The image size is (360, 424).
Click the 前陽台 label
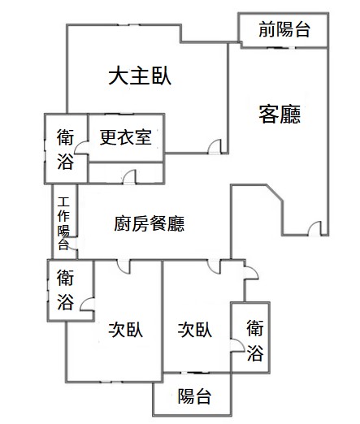click(x=284, y=29)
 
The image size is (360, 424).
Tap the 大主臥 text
click(x=140, y=76)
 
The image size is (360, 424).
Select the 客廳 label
click(x=280, y=115)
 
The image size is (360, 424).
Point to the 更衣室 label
click(x=126, y=137)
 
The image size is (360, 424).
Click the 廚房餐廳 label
click(x=150, y=223)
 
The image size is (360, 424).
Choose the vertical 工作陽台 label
click(x=63, y=223)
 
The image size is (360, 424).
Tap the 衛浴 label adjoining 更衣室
click(x=65, y=149)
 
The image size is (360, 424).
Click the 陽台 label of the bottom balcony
click(x=194, y=396)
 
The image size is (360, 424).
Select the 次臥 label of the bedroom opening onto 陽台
click(x=195, y=330)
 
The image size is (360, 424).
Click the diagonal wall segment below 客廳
click(x=275, y=193)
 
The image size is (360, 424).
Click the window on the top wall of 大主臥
click(x=128, y=25)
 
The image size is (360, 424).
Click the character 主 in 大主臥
click(x=140, y=76)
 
